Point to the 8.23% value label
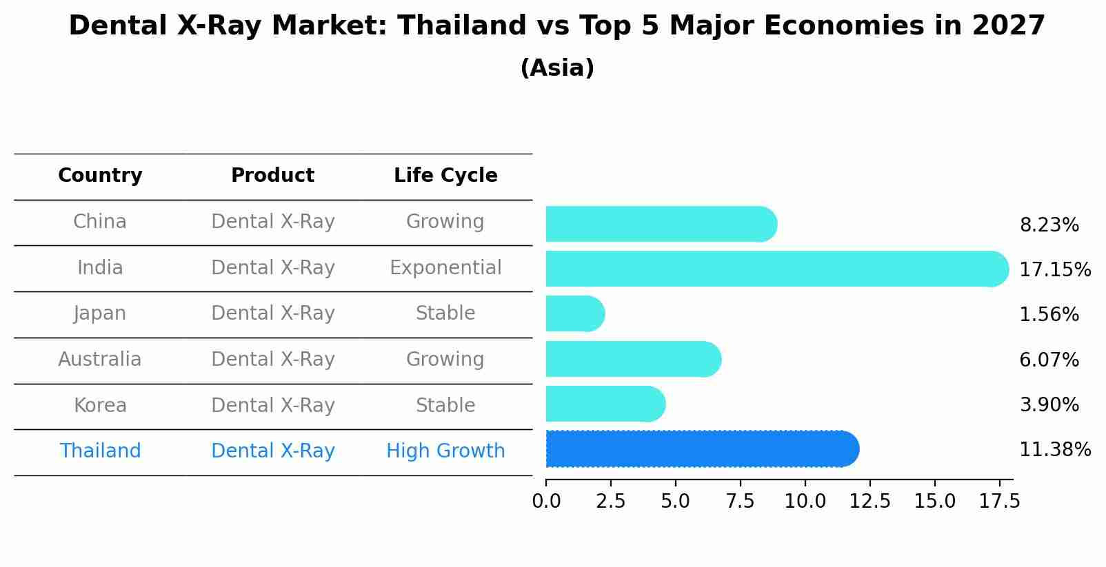click(1049, 225)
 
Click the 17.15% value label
click(1054, 269)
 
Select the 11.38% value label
click(1054, 450)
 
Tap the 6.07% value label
click(1049, 360)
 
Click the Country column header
click(100, 176)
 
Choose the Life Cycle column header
click(445, 176)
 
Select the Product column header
click(272, 176)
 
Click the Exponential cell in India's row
click(445, 267)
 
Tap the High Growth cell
click(445, 451)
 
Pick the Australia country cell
click(100, 360)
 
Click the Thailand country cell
click(100, 451)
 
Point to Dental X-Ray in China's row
click(272, 222)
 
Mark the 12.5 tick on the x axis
click(870, 501)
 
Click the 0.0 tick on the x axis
click(546, 501)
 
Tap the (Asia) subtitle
click(557, 68)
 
